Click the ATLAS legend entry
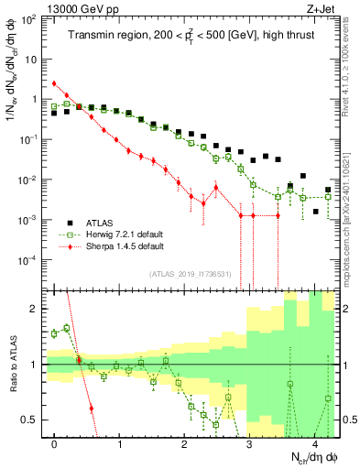(98, 223)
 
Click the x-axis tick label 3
(250, 443)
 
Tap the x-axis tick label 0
(55, 443)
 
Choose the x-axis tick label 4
(315, 443)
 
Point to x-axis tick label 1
(120, 443)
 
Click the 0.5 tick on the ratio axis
(34, 420)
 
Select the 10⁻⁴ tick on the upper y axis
(31, 260)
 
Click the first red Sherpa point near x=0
(55, 83)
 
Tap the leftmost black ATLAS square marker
(55, 114)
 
